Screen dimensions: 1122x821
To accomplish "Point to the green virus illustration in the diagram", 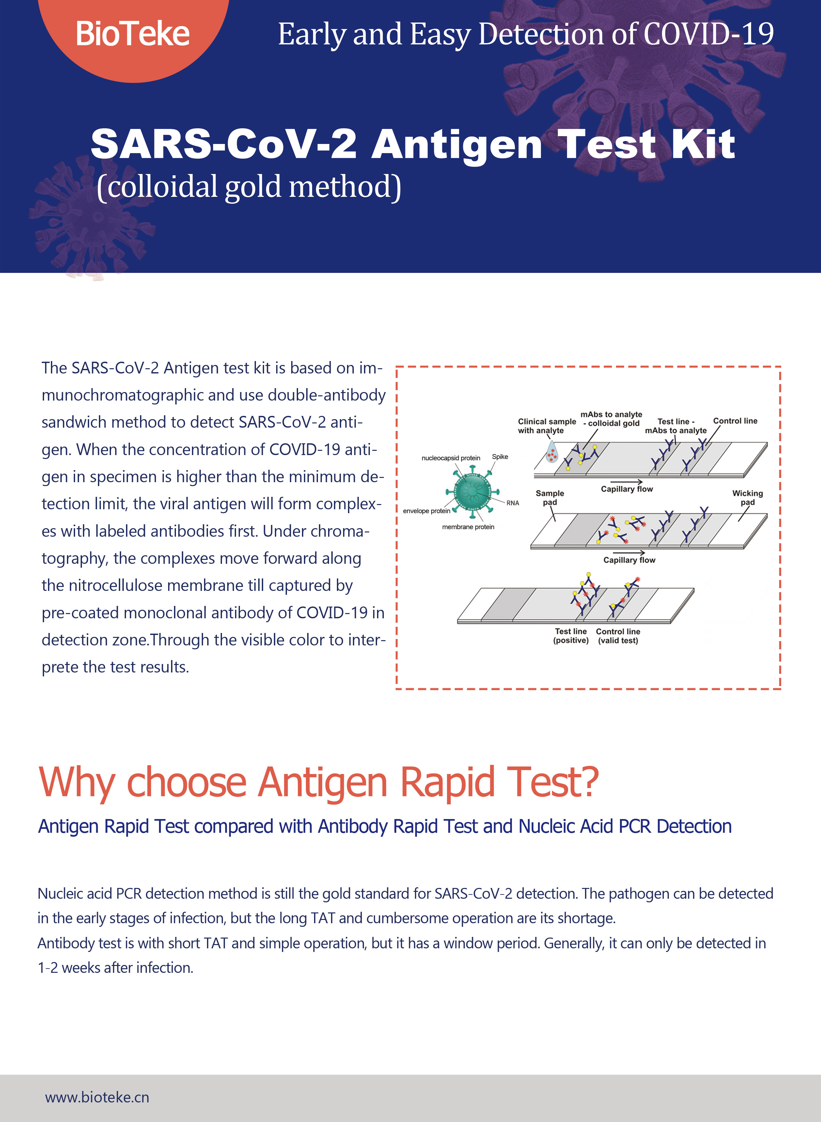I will coord(472,491).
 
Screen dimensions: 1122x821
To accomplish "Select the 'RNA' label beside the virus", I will coord(513,503).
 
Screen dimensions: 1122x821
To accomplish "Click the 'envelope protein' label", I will coord(426,511).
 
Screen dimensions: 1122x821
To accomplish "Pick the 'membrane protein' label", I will coord(468,527).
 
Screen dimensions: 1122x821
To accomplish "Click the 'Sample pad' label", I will coord(550,498).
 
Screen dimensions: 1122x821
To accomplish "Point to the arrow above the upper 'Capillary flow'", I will coord(626,482).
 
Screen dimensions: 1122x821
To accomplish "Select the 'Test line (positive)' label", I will coord(571,636).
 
